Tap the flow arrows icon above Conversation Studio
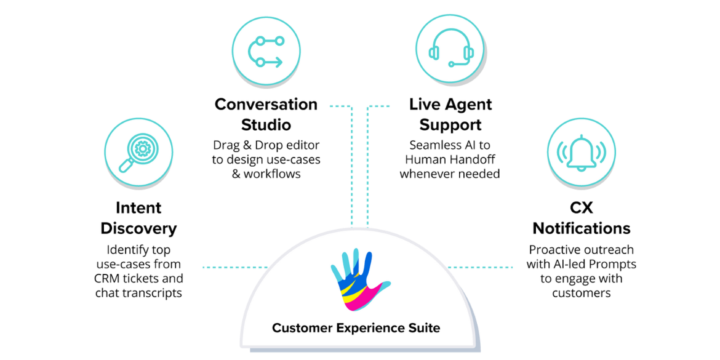[x=266, y=52]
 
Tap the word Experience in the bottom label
[x=368, y=327]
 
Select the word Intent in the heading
[x=138, y=208]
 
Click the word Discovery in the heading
[x=138, y=229]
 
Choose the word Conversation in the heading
[x=266, y=104]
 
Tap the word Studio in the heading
[x=266, y=125]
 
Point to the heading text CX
[x=581, y=208]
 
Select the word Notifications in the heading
[x=581, y=229]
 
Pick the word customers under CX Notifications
[x=581, y=293]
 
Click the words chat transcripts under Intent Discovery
[x=138, y=293]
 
